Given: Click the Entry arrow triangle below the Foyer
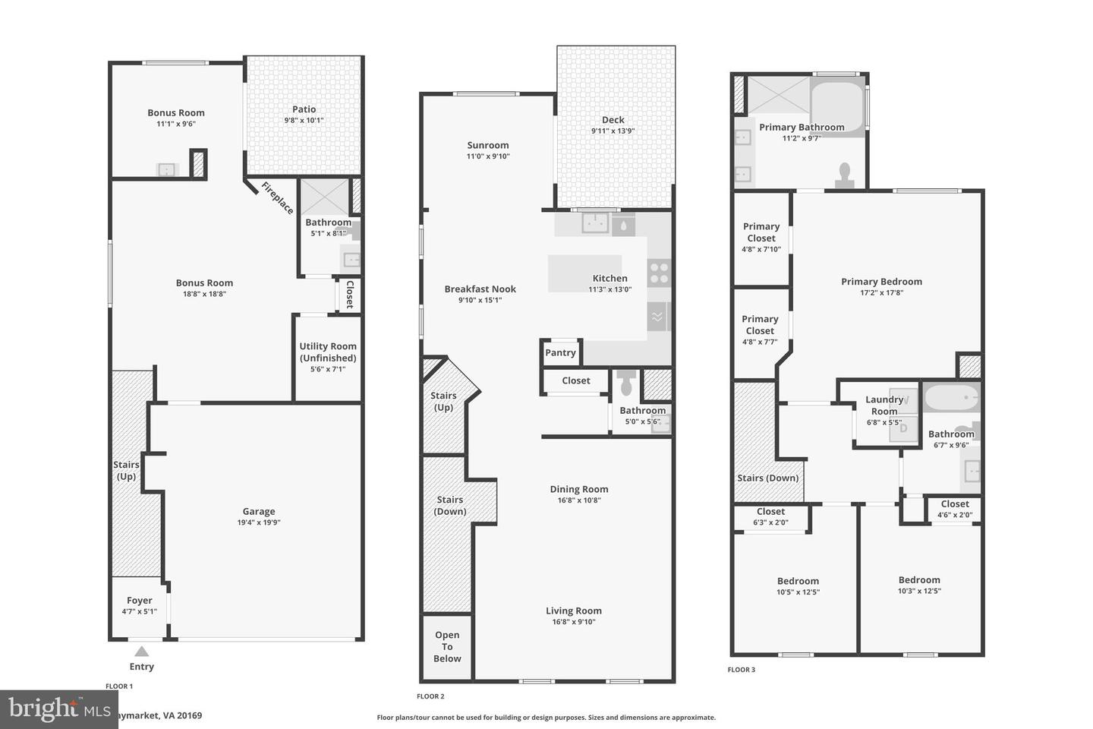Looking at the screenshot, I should [x=141, y=651].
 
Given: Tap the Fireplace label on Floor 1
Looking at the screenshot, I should [x=277, y=197].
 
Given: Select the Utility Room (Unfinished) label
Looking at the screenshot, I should [x=328, y=352].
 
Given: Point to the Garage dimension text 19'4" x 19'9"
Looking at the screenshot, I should [x=259, y=522].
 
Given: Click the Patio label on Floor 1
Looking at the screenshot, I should [x=304, y=109].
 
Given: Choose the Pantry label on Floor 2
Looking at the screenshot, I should [x=560, y=352].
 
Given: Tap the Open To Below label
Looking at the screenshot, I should [x=447, y=647].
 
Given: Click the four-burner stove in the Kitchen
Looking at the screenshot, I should [x=659, y=273].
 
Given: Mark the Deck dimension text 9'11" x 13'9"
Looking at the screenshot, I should [x=613, y=131].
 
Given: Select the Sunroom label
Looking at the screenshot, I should [x=488, y=145].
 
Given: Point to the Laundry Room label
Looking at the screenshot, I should [x=884, y=405].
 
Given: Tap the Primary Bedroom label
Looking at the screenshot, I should [x=881, y=282].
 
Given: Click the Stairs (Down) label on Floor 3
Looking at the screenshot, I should [x=767, y=478].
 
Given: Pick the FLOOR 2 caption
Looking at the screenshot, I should [x=430, y=696].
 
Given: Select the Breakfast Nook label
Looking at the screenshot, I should [x=480, y=289].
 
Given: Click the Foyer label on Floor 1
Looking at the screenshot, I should [x=140, y=601].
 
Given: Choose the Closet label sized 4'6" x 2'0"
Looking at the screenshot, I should [x=955, y=504].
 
